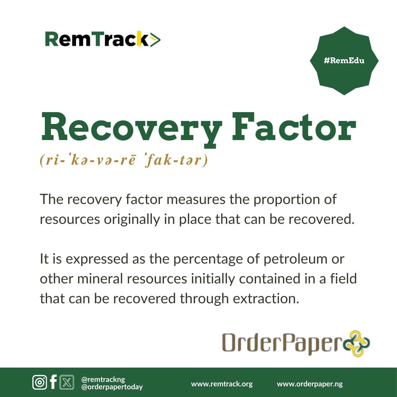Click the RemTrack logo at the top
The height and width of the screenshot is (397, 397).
point(103,39)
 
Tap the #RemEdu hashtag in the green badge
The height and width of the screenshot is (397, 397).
point(344,61)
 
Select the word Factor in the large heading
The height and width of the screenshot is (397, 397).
point(294,126)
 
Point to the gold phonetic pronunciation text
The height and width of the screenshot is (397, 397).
point(124,160)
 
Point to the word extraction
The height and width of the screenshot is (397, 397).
point(266,298)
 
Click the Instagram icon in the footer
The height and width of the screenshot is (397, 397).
point(39,382)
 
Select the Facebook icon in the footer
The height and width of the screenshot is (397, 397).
point(53,382)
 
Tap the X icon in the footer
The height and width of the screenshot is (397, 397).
point(67,382)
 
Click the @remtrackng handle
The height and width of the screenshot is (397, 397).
point(103,379)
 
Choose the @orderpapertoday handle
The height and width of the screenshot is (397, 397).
point(112,387)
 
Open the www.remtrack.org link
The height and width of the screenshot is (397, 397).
point(222,384)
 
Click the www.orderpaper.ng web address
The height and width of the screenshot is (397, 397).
point(310,384)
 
